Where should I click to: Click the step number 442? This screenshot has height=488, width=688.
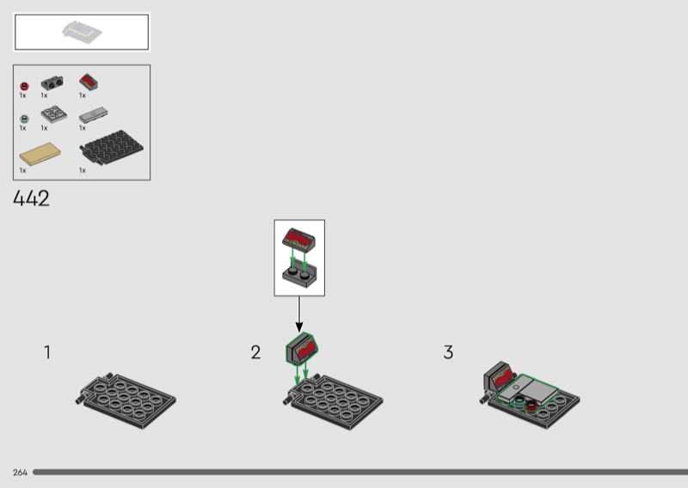[31, 198]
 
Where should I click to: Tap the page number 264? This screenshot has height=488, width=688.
[20, 473]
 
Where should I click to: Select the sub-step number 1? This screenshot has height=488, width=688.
[47, 352]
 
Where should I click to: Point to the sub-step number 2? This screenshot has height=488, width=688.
[255, 352]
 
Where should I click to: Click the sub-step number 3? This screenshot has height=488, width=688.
[448, 352]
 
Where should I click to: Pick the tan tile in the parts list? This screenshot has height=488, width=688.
[40, 154]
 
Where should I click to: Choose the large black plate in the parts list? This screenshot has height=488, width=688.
[112, 148]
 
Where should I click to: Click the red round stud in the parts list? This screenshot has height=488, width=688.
[25, 86]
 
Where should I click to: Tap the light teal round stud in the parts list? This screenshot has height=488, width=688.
[25, 119]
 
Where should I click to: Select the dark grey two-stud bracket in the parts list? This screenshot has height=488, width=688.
[52, 82]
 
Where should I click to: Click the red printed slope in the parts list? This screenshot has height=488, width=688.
[89, 82]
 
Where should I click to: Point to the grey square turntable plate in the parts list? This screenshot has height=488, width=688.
[54, 114]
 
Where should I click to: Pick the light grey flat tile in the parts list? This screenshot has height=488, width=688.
[93, 115]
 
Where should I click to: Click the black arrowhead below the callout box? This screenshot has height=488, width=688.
[299, 326]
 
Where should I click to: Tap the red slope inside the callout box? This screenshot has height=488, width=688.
[298, 240]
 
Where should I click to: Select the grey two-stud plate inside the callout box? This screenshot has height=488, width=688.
[299, 273]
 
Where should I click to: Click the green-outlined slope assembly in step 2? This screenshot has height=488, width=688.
[302, 348]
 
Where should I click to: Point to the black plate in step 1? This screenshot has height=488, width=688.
[126, 400]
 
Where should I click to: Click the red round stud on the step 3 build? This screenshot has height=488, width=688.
[531, 406]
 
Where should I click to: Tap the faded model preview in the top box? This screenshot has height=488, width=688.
[82, 32]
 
